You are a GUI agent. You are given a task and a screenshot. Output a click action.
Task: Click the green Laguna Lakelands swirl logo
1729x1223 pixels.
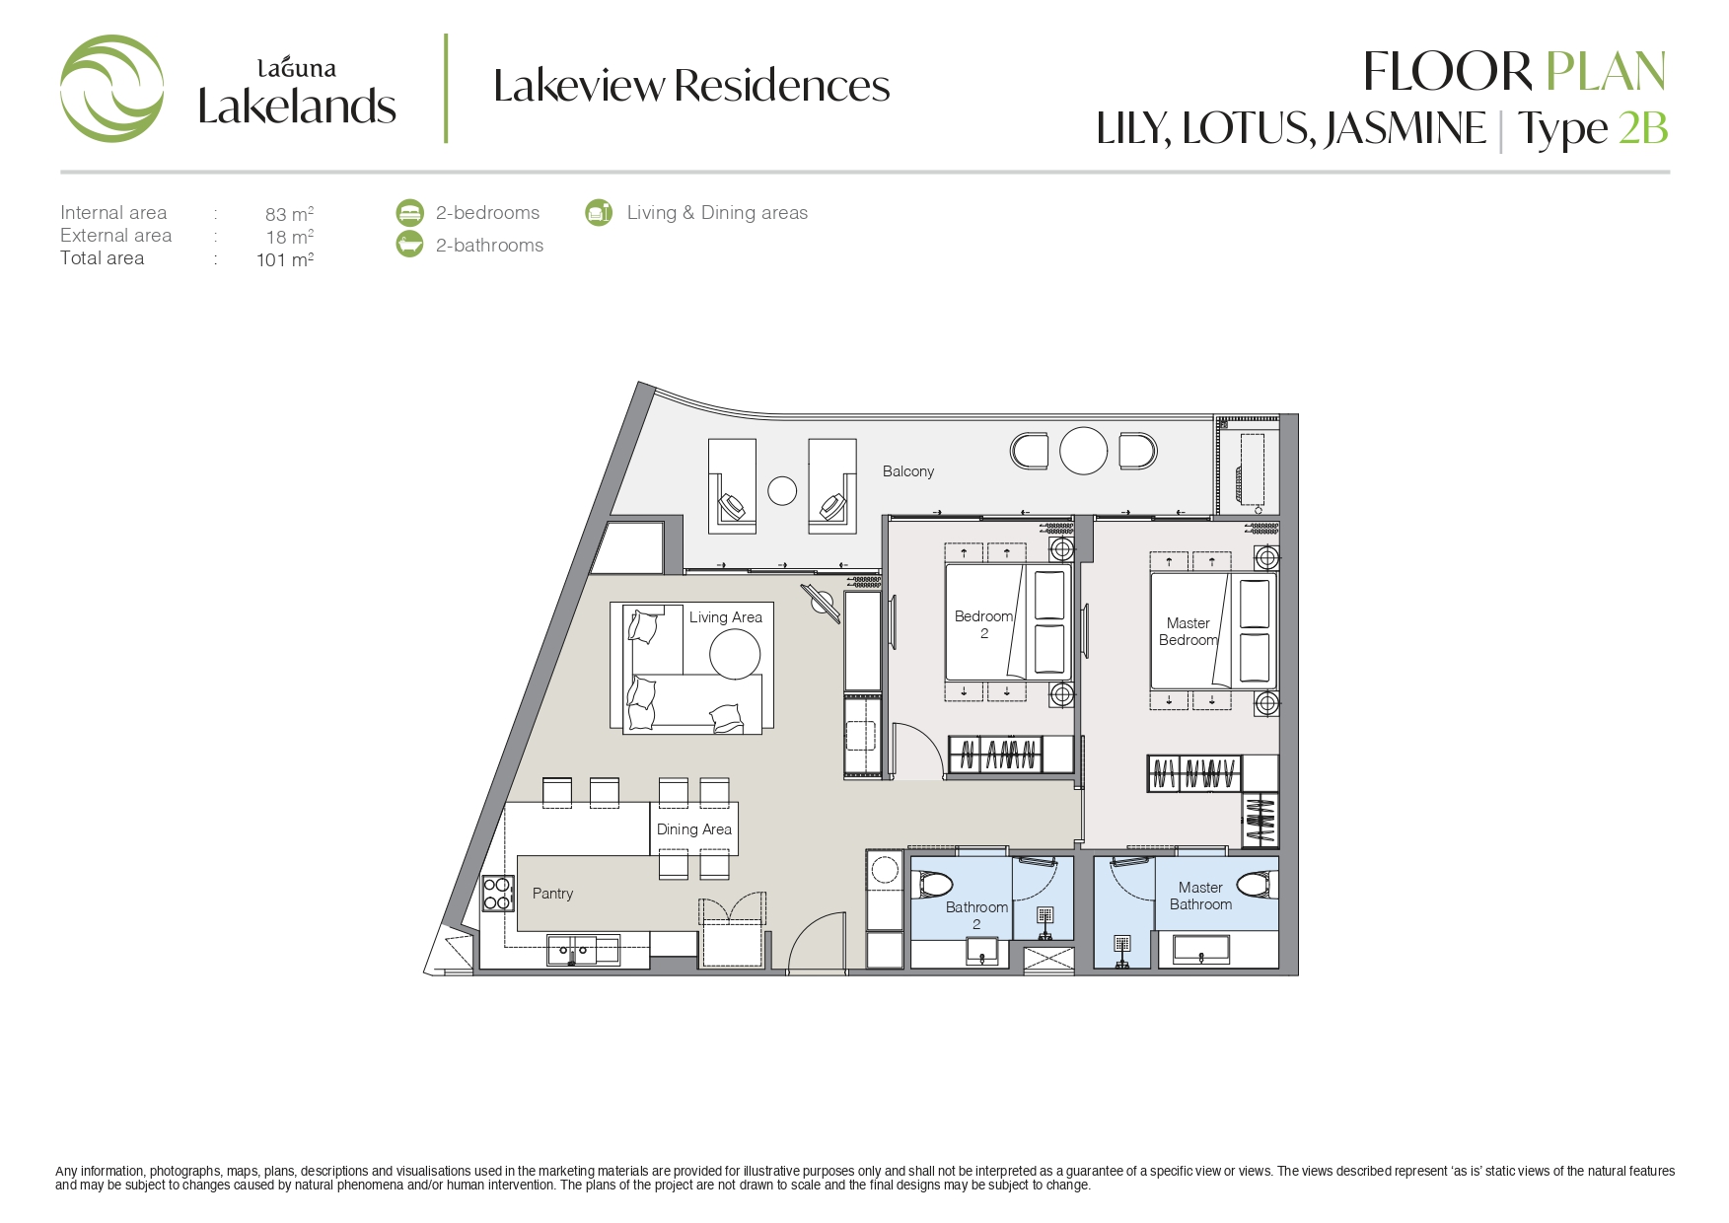111,89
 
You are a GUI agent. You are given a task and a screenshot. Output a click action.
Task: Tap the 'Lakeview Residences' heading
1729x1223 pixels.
691,86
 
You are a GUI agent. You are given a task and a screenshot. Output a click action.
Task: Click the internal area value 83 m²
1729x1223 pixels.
289,213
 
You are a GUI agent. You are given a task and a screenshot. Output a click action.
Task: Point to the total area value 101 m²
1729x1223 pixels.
285,259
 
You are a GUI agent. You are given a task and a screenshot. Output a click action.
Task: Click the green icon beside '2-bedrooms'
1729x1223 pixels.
409,212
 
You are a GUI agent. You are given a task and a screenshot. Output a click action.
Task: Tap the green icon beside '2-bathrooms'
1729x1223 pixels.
409,245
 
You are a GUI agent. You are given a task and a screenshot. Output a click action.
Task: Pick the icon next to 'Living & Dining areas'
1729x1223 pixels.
599,212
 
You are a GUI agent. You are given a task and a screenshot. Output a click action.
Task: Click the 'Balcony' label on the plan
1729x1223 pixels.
908,471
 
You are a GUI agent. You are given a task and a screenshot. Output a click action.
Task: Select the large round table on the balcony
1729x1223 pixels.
1084,451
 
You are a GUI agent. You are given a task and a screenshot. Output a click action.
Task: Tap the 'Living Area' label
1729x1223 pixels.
726,617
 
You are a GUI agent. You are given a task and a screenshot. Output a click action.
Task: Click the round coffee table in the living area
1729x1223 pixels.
735,653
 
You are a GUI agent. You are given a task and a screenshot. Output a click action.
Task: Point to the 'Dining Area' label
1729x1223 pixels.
694,829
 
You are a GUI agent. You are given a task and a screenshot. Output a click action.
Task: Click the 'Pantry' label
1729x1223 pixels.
552,894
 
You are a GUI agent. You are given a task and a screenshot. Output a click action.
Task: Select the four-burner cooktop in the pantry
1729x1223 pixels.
498,894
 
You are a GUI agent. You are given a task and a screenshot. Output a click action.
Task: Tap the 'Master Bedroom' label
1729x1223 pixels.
1189,631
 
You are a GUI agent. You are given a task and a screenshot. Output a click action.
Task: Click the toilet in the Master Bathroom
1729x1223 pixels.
1257,885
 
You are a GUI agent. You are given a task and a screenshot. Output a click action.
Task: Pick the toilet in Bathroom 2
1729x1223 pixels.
931,885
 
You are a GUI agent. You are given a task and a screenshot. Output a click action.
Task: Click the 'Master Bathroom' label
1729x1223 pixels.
1200,896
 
